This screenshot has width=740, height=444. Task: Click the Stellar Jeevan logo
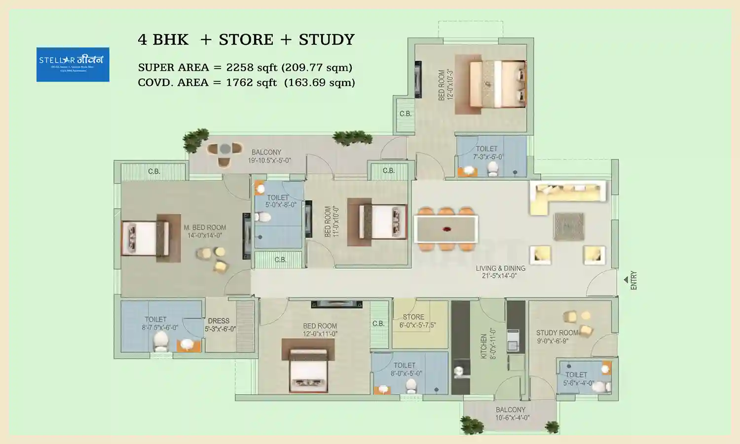click(x=73, y=64)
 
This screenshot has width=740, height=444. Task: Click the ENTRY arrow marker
click(x=626, y=280)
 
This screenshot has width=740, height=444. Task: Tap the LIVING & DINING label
click(x=500, y=268)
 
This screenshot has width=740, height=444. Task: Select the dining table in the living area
click(x=446, y=229)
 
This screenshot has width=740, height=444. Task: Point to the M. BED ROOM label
click(x=205, y=227)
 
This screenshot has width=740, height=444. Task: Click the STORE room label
click(x=413, y=317)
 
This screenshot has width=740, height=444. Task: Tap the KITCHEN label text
click(x=484, y=346)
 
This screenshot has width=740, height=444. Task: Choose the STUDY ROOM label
click(x=557, y=333)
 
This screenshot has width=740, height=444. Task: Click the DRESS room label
click(x=219, y=321)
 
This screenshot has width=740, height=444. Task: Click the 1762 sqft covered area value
click(x=251, y=82)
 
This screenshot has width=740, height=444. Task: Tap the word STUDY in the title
click(x=327, y=39)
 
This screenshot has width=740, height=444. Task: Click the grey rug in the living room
click(x=569, y=226)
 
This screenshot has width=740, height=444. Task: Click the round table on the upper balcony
click(x=225, y=148)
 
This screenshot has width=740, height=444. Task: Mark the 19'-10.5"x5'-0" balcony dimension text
click(x=269, y=160)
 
